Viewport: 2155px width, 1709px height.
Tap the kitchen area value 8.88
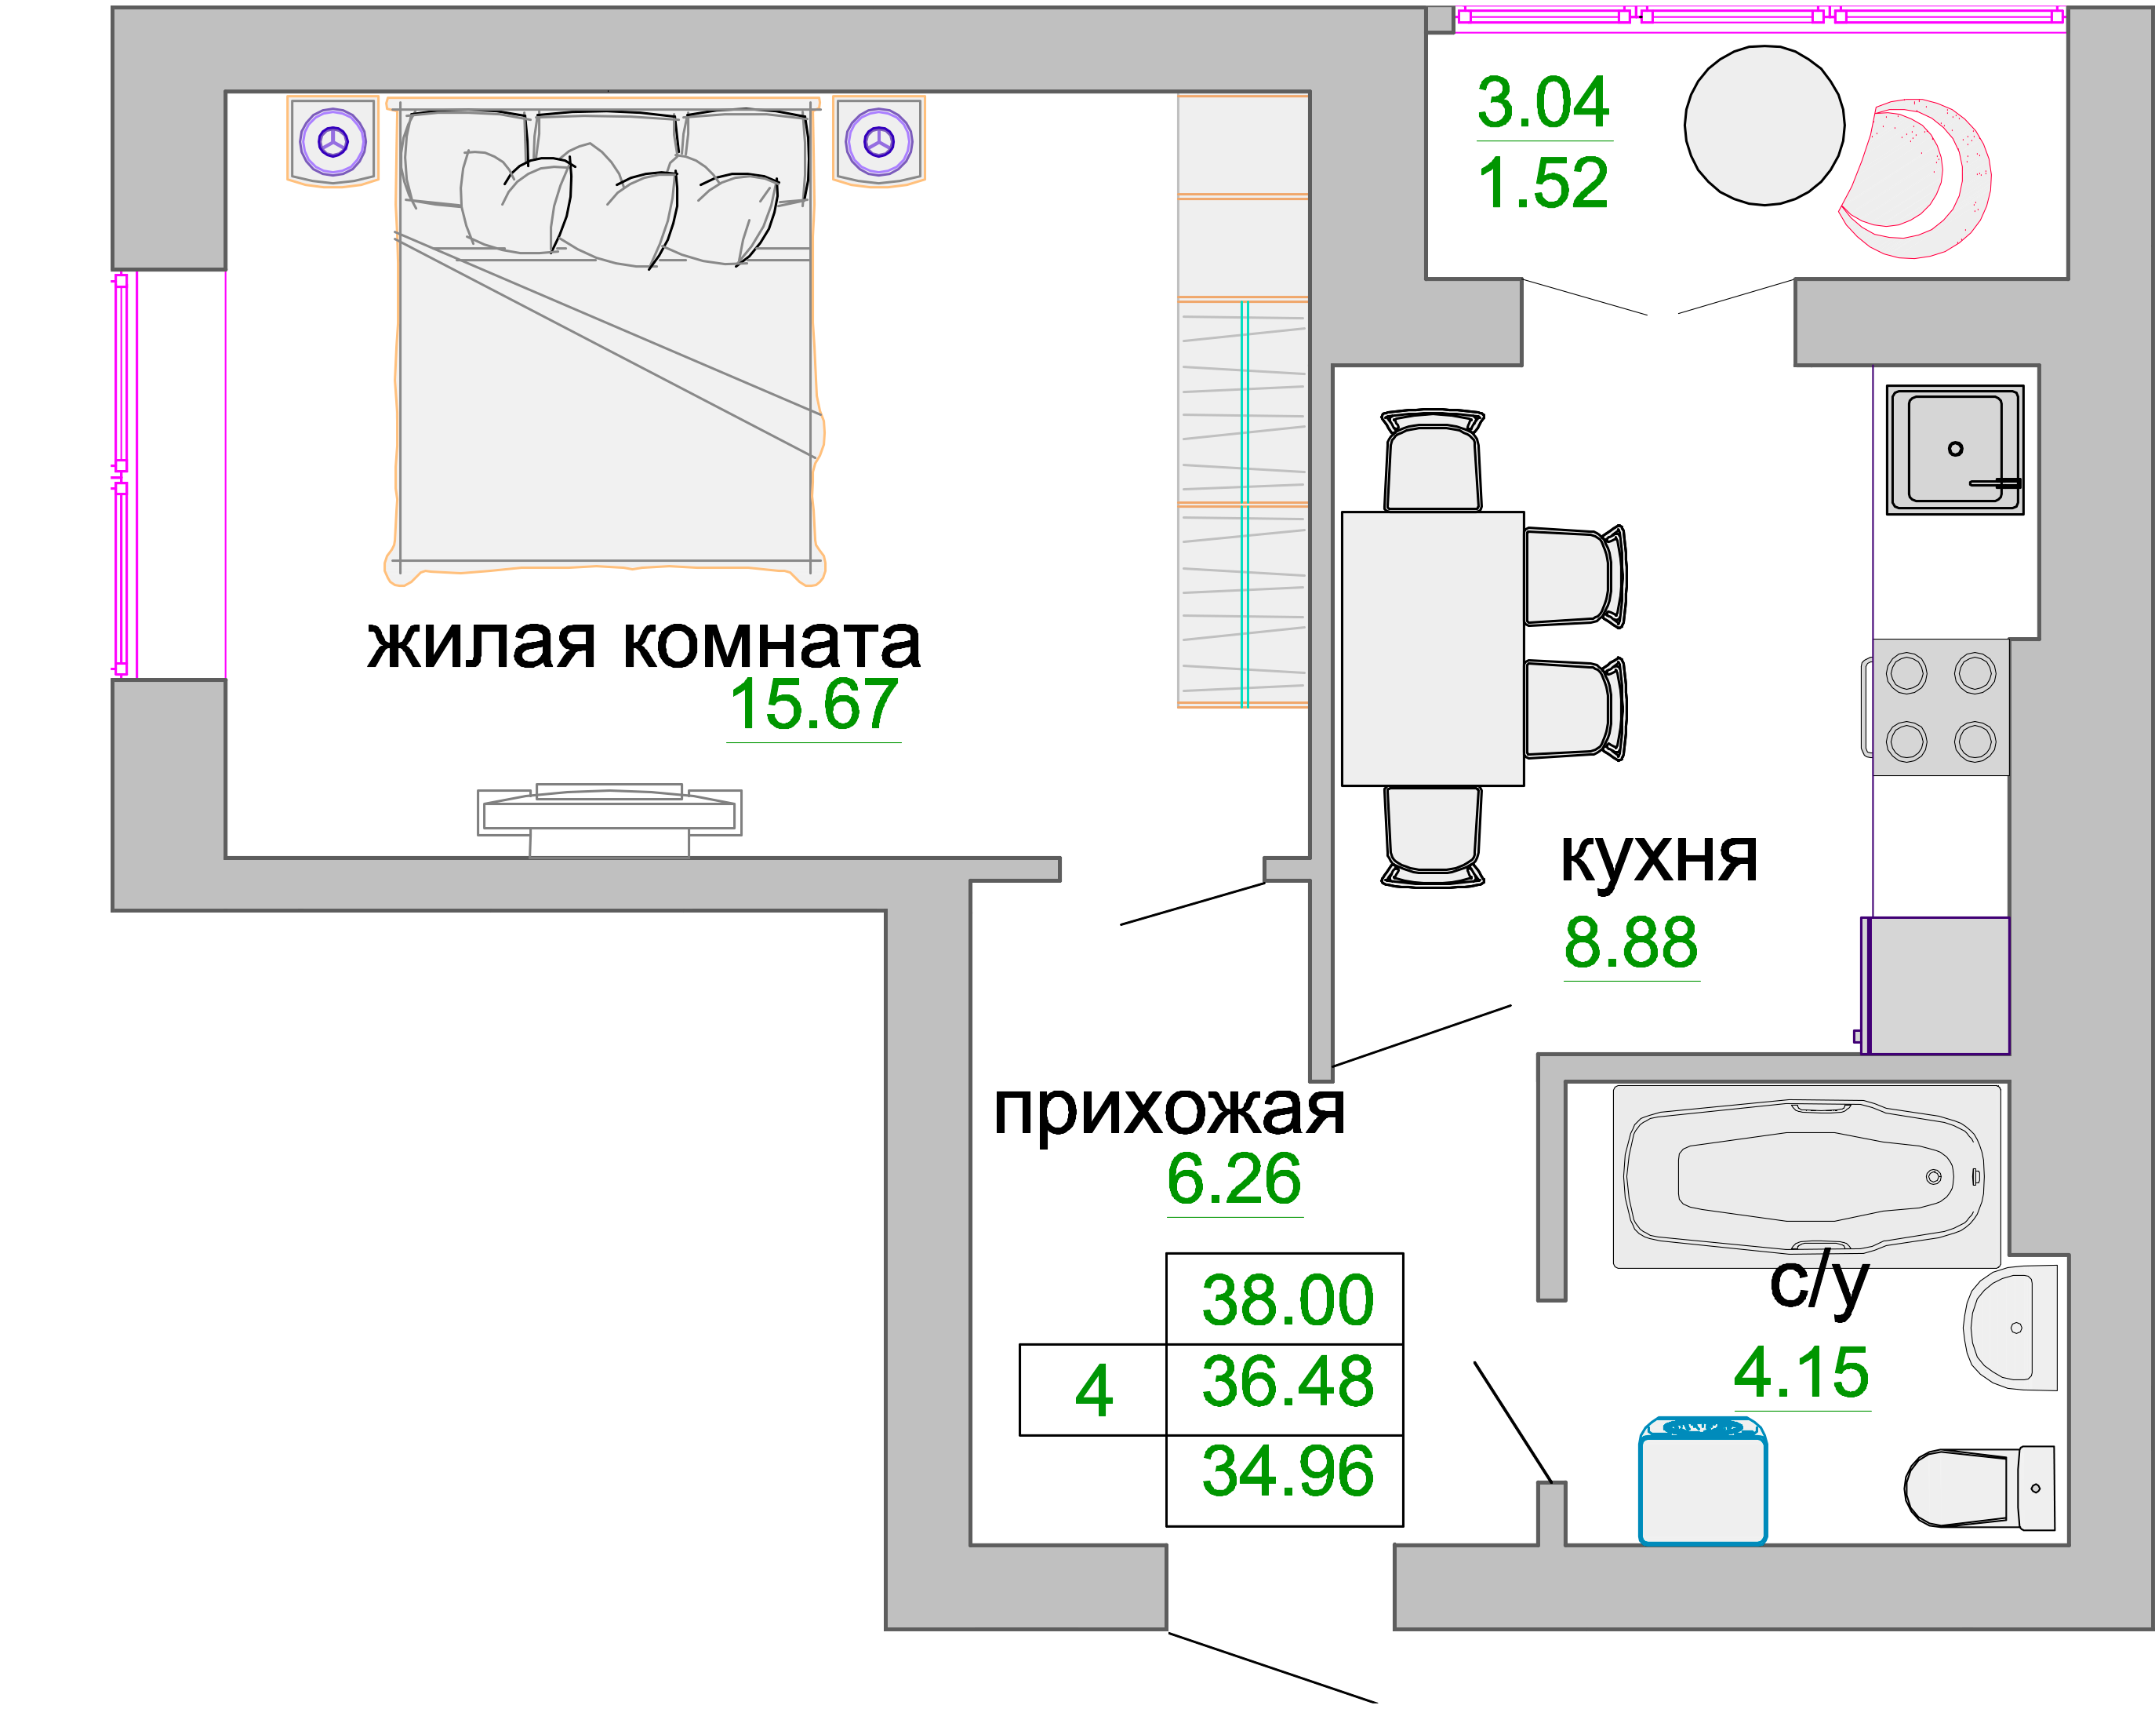coord(1630,942)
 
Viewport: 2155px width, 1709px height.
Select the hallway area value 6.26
coord(1234,1179)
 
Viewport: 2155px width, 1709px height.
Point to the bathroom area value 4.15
coord(1801,1372)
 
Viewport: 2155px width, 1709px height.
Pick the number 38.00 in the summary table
coord(1288,1300)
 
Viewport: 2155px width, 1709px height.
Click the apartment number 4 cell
coord(1093,1390)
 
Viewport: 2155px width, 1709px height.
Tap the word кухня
coord(1659,857)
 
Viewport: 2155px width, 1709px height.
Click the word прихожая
coord(1169,1112)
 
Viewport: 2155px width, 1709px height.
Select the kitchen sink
coord(1955,450)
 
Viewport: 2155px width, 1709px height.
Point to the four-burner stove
coord(1940,707)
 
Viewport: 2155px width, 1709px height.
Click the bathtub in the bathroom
coord(1806,1177)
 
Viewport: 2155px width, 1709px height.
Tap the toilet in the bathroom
coord(1979,1488)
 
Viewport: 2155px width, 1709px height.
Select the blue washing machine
coord(1703,1481)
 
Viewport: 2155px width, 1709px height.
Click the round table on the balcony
coord(1764,125)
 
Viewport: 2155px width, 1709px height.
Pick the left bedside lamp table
coord(333,142)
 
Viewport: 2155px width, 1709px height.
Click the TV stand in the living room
coord(609,819)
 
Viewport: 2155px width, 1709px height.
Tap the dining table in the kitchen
coord(1432,649)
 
